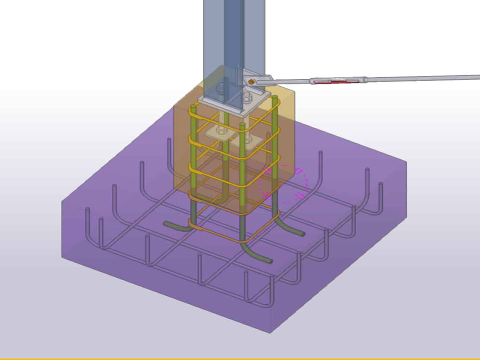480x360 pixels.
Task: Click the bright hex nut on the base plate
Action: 247,97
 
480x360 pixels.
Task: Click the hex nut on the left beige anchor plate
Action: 221,131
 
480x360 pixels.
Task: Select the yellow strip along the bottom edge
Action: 240,358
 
